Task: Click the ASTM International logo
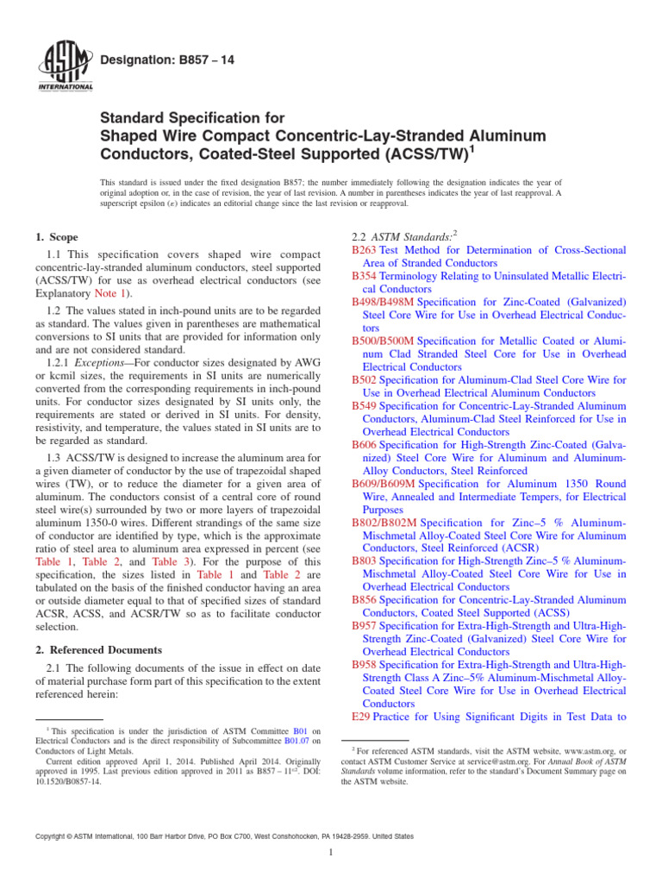click(x=66, y=66)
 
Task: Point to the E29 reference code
click(x=361, y=717)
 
